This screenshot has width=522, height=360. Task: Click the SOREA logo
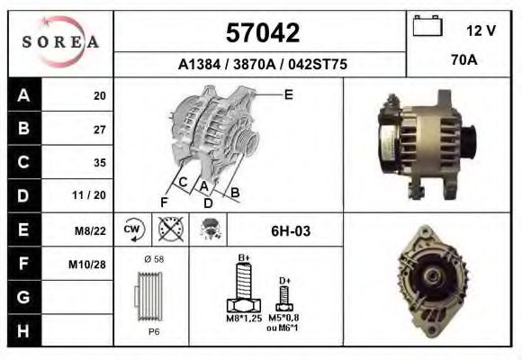tap(59, 42)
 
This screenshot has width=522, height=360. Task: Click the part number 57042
tap(261, 34)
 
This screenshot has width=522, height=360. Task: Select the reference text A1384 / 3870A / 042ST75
tap(261, 65)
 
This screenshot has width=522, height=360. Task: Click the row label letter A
tap(23, 95)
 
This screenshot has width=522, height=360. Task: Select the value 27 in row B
tap(99, 129)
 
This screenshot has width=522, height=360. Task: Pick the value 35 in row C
tap(99, 163)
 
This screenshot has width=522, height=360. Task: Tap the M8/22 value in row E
tap(92, 230)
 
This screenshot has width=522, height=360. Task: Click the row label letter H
tap(23, 330)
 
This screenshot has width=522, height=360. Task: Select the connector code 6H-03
tap(291, 231)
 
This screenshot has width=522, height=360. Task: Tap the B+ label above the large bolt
tap(243, 258)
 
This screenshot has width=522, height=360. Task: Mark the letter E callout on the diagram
tap(288, 93)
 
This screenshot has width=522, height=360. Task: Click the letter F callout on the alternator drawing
tap(164, 202)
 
